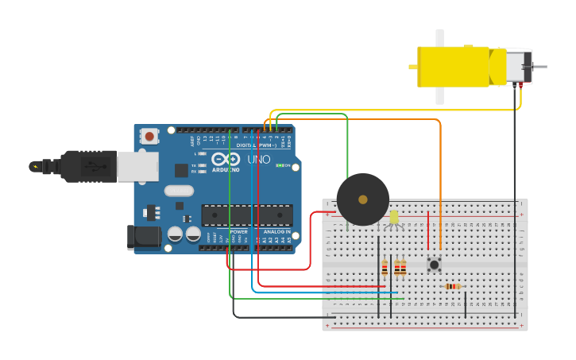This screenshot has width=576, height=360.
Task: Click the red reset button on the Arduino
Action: (149, 137)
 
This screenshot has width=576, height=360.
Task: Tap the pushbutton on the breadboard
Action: (434, 264)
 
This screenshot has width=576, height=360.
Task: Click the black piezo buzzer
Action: (362, 199)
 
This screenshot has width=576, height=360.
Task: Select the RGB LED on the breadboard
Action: (394, 217)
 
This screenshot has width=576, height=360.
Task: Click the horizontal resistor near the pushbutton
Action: (453, 286)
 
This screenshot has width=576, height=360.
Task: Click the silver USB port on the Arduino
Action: (137, 166)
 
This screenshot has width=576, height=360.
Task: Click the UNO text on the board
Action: (259, 159)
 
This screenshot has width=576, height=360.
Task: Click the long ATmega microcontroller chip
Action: (246, 215)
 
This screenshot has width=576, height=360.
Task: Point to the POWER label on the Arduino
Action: (238, 231)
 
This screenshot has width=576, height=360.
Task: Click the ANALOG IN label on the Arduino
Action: (276, 231)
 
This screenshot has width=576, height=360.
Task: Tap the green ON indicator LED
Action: (279, 165)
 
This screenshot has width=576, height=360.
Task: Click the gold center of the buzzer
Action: (362, 199)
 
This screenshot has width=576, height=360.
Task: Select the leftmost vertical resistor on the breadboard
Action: (385, 268)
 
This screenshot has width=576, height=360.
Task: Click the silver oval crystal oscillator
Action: (180, 190)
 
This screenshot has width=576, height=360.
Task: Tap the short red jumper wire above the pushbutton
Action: (428, 230)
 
